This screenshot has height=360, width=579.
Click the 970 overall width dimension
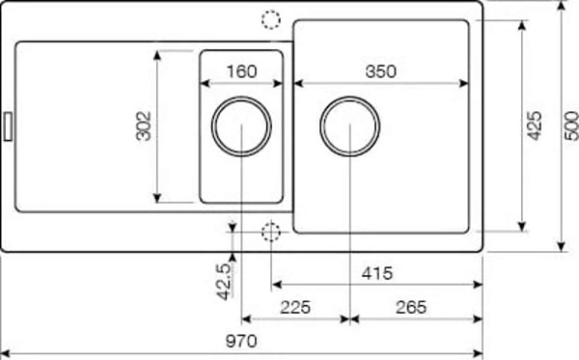point(241,341)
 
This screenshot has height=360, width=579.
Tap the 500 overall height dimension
point(572,125)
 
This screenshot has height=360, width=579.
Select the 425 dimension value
point(535,125)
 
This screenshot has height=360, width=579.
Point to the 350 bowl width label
point(381,71)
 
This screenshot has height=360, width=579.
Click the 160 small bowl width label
point(241,71)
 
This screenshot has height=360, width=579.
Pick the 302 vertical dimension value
point(144,125)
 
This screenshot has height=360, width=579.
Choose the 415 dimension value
point(377,273)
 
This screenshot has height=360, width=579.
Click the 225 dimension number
point(295,307)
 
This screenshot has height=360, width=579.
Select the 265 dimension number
point(411,307)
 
